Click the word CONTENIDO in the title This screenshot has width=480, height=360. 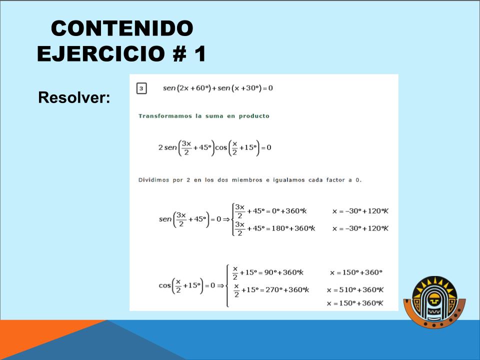click(x=122, y=28)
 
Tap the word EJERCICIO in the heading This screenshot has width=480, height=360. click(x=101, y=53)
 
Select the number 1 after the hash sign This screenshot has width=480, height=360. click(x=200, y=53)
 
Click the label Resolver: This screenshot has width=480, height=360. click(x=74, y=97)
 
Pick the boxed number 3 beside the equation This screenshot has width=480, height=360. click(x=141, y=88)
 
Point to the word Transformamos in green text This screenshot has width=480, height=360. click(x=165, y=116)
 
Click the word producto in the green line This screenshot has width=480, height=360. click(x=254, y=116)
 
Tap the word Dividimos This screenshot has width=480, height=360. click(x=153, y=180)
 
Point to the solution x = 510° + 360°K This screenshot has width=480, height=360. click(x=355, y=289)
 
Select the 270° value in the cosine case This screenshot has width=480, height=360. click(x=273, y=289)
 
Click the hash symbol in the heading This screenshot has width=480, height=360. click(x=180, y=53)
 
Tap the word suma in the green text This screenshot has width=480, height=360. click(x=214, y=116)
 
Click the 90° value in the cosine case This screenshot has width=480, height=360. click(x=270, y=272)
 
